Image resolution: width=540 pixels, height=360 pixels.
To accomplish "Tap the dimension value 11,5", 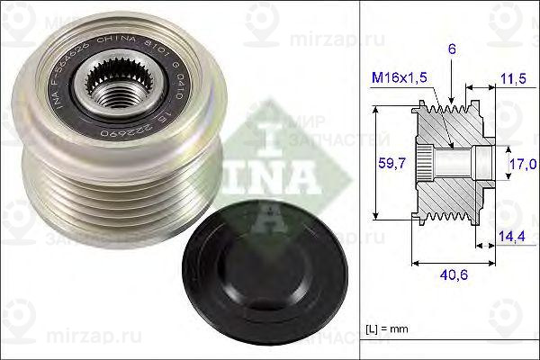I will tap(511, 80).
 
